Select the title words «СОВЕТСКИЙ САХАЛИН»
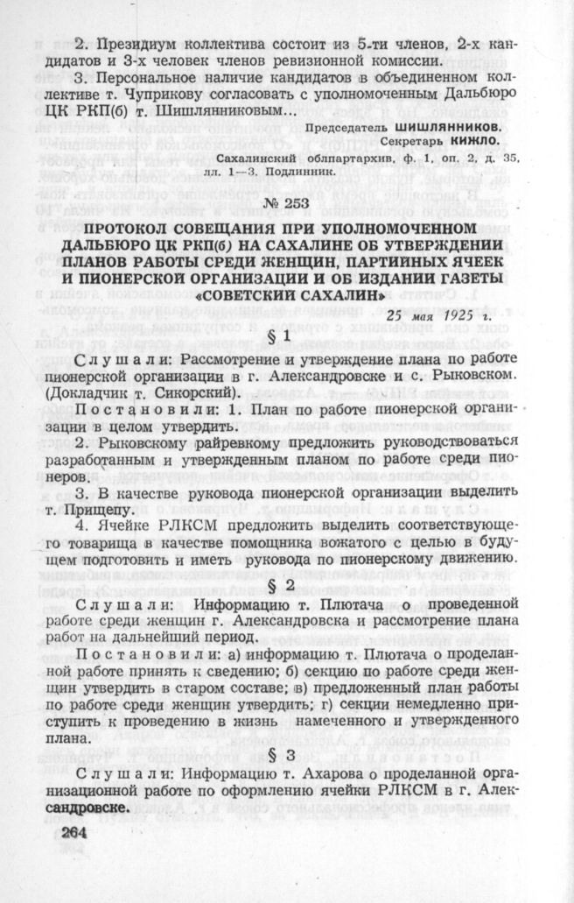click(287, 296)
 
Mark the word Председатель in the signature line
click(349, 127)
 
